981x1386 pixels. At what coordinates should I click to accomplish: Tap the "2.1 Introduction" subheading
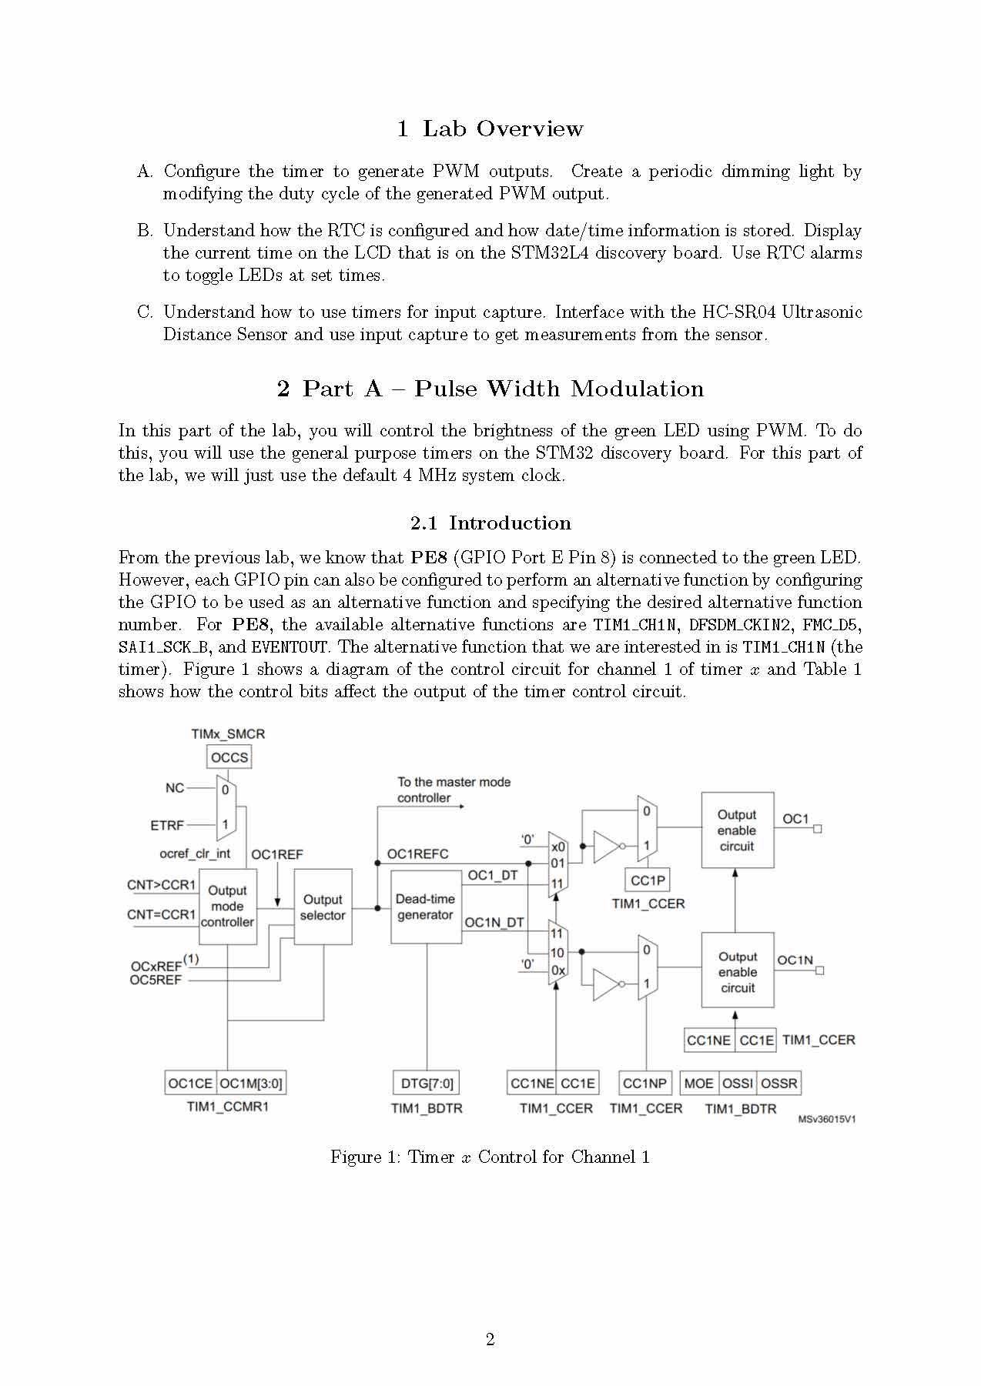click(490, 523)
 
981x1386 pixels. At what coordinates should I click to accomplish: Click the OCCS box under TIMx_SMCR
click(229, 757)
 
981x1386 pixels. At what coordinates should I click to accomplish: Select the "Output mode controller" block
click(227, 907)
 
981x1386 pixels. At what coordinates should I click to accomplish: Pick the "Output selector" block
click(323, 907)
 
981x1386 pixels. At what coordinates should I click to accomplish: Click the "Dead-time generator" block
click(425, 907)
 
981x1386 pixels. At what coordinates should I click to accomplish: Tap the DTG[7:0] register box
click(427, 1084)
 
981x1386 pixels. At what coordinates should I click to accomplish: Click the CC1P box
click(648, 880)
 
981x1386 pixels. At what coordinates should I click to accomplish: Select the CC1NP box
click(645, 1084)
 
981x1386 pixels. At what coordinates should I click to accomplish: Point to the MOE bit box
click(699, 1084)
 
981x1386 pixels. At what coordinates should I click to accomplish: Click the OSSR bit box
click(778, 1084)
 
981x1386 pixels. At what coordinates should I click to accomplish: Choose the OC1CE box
click(190, 1084)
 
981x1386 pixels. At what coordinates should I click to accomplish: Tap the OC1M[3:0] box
click(251, 1084)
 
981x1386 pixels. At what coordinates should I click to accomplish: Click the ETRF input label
click(167, 826)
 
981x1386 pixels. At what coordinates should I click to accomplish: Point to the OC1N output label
click(795, 960)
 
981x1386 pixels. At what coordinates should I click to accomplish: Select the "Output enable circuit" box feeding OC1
click(737, 830)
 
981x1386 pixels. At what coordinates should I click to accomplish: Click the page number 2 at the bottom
click(490, 1340)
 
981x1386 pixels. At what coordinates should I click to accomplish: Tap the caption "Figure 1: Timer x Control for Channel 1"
click(490, 1157)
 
